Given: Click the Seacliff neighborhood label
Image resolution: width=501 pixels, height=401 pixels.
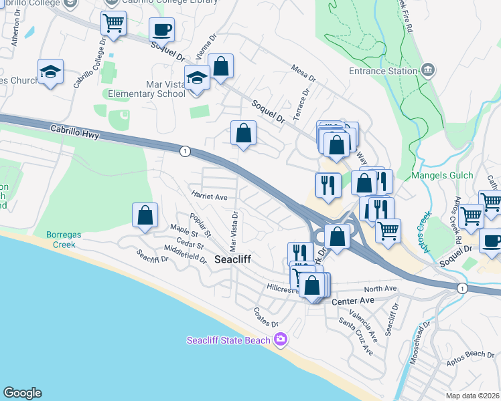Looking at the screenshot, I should pos(232,259).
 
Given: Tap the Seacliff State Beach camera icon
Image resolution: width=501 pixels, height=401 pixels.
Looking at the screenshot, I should pos(280,340).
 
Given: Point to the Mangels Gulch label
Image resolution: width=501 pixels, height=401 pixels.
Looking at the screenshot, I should pos(443,175).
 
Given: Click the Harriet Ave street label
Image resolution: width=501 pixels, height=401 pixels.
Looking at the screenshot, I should pos(210,197).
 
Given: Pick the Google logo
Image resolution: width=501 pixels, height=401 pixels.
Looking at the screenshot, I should pos(22,393).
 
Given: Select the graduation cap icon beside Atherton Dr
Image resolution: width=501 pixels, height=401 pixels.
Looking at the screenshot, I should pos(50,71).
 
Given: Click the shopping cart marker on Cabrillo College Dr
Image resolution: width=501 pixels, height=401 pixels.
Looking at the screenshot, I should pos(113,24).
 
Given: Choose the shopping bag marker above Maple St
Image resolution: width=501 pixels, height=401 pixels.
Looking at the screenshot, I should pos(145,216).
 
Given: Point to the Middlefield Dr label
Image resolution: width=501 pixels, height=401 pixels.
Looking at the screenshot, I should pos(185,255).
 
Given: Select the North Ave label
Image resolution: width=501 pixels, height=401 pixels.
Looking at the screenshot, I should pos(380,289).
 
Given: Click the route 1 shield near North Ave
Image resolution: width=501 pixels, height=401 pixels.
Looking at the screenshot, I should pos(461,288).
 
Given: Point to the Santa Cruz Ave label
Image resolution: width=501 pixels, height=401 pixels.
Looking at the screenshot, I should pos(356,336).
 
